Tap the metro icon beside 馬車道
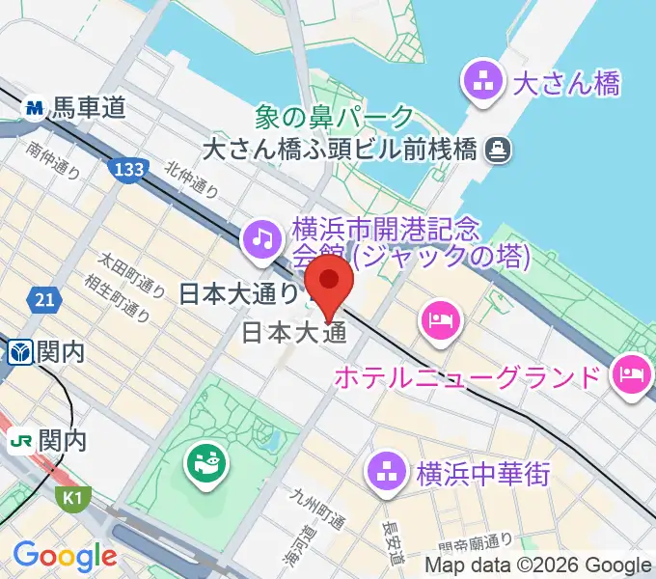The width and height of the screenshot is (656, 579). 36,108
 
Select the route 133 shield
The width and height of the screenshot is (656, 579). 128,170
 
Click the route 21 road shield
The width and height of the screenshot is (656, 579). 43,302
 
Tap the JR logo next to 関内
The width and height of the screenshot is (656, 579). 20,441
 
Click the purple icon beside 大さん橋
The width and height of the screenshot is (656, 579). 482,81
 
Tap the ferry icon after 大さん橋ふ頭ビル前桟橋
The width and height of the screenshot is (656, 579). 499,149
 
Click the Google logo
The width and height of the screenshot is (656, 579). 65,557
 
